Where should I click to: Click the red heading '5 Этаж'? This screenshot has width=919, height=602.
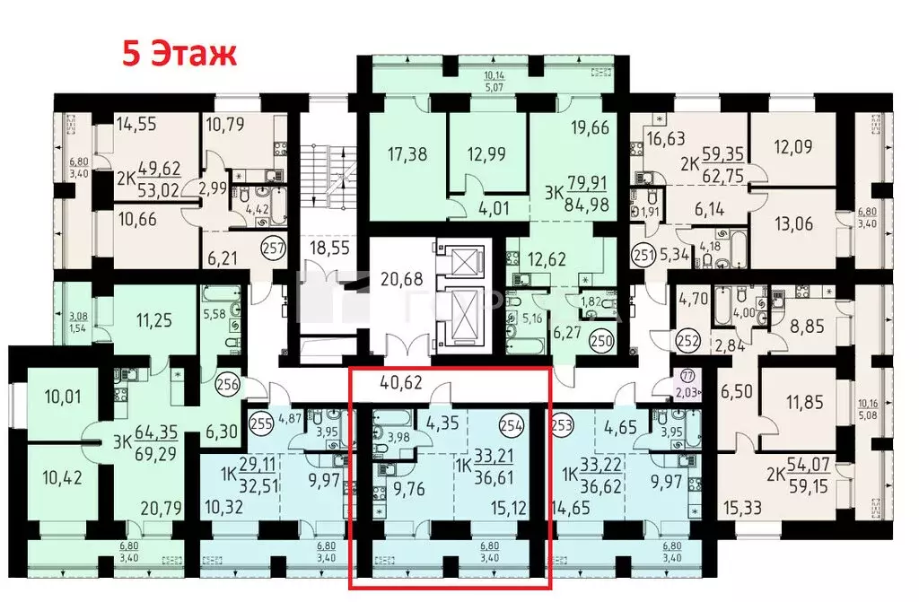[x=179, y=53]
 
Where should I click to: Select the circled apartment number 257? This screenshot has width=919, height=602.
[x=270, y=249]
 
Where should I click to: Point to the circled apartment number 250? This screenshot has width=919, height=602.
[x=600, y=340]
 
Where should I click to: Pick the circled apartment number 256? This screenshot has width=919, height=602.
[x=226, y=381]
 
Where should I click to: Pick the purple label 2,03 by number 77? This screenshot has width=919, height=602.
[x=687, y=392]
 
